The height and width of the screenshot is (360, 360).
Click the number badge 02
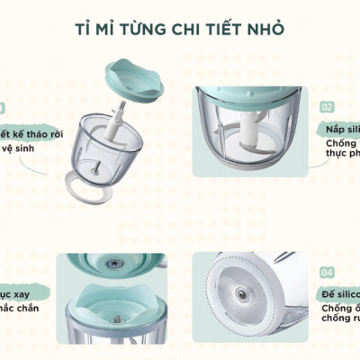[x=327, y=107]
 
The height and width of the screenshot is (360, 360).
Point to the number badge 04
[x=327, y=272]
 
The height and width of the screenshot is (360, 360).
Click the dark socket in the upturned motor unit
[x=112, y=264]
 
